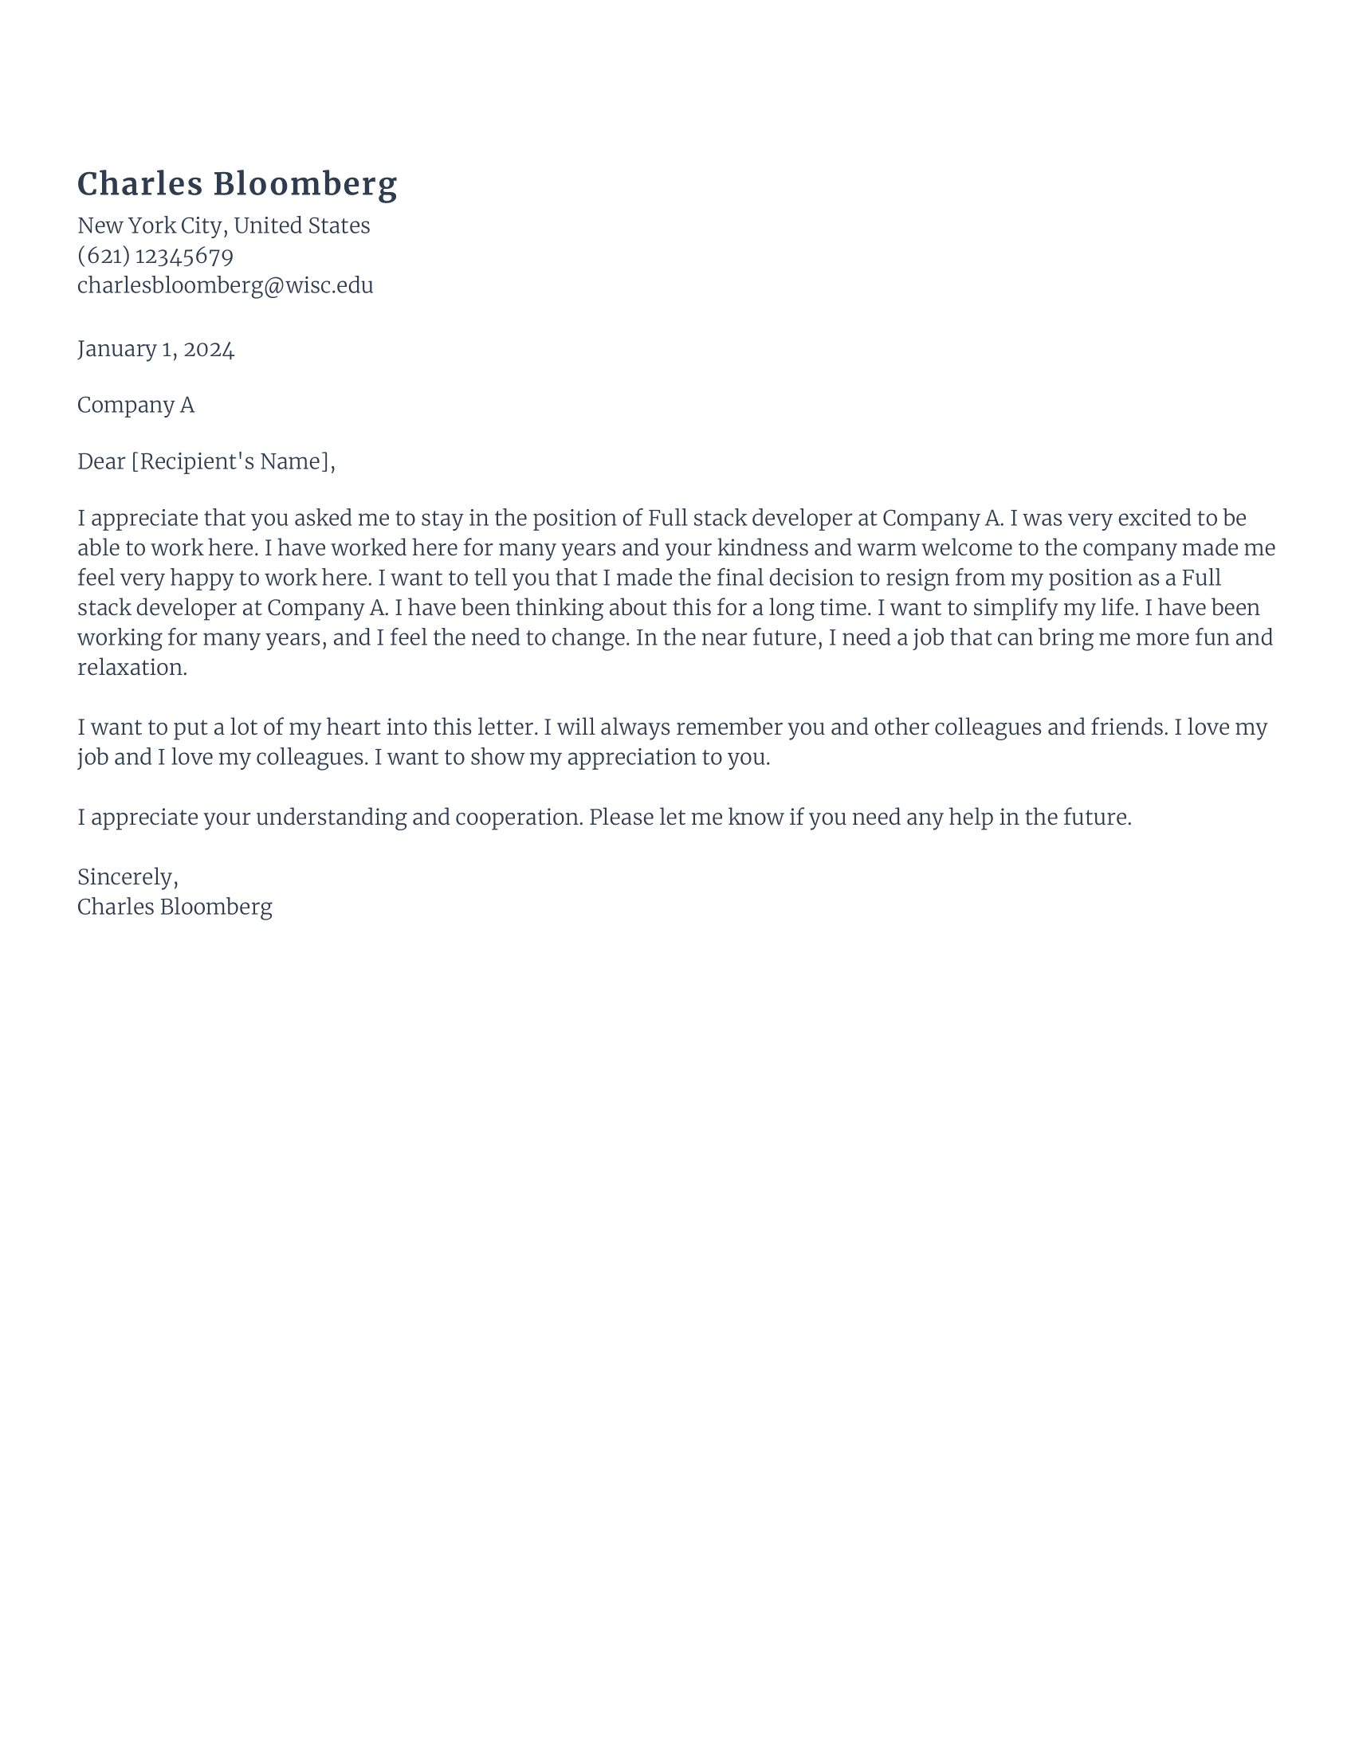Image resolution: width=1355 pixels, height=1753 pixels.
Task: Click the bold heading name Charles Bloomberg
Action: click(x=237, y=184)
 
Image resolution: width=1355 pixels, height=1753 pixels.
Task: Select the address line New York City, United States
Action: click(x=223, y=225)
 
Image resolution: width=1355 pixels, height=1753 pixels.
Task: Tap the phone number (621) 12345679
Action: click(x=155, y=256)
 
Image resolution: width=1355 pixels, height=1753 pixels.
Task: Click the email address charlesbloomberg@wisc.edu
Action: click(x=225, y=286)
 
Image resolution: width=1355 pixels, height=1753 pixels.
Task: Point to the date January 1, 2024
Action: click(x=155, y=349)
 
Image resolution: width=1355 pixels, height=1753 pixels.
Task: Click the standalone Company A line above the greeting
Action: click(x=135, y=405)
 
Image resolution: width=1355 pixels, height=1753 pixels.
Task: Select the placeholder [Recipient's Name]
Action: click(x=230, y=461)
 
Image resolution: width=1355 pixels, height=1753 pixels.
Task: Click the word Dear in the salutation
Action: click(x=101, y=461)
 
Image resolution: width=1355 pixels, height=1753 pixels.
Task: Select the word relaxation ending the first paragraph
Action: click(x=132, y=668)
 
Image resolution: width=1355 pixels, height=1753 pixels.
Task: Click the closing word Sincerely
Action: click(x=127, y=877)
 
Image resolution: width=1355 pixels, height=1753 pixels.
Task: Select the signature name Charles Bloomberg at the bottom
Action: click(x=175, y=907)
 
